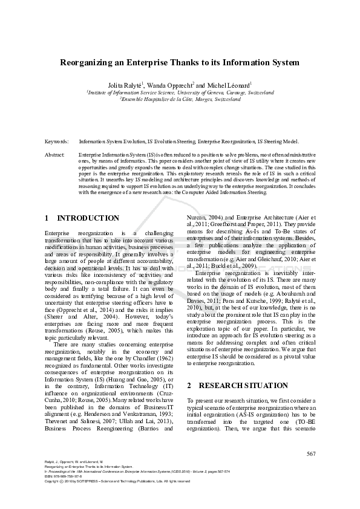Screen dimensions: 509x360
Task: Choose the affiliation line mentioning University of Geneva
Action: tap(180, 93)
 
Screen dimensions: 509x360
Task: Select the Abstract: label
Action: tap(55, 155)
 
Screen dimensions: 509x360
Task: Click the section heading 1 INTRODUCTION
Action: tap(82, 218)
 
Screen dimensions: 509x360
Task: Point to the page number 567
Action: tap(310, 454)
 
